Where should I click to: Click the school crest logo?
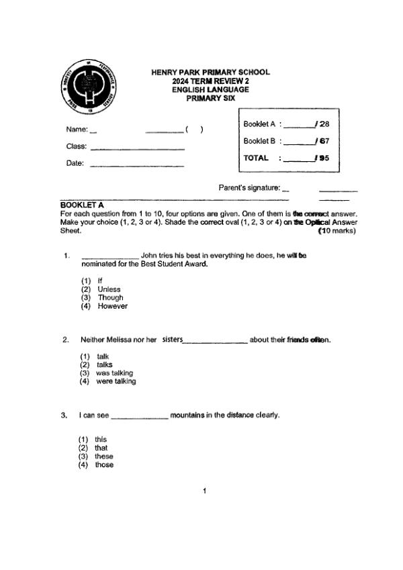pyautogui.click(x=91, y=85)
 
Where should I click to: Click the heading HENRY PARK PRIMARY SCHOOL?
pyautogui.click(x=210, y=73)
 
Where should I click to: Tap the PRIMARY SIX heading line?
pyautogui.click(x=210, y=98)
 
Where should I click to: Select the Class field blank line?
pyautogui.click(x=137, y=148)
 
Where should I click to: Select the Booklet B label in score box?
pyautogui.click(x=259, y=141)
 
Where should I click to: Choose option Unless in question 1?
pyautogui.click(x=109, y=289)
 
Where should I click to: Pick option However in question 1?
pyautogui.click(x=112, y=306)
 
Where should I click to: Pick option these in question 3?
pyautogui.click(x=104, y=457)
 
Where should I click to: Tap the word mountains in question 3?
pyautogui.click(x=187, y=415)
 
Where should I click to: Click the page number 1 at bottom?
pyautogui.click(x=204, y=491)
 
